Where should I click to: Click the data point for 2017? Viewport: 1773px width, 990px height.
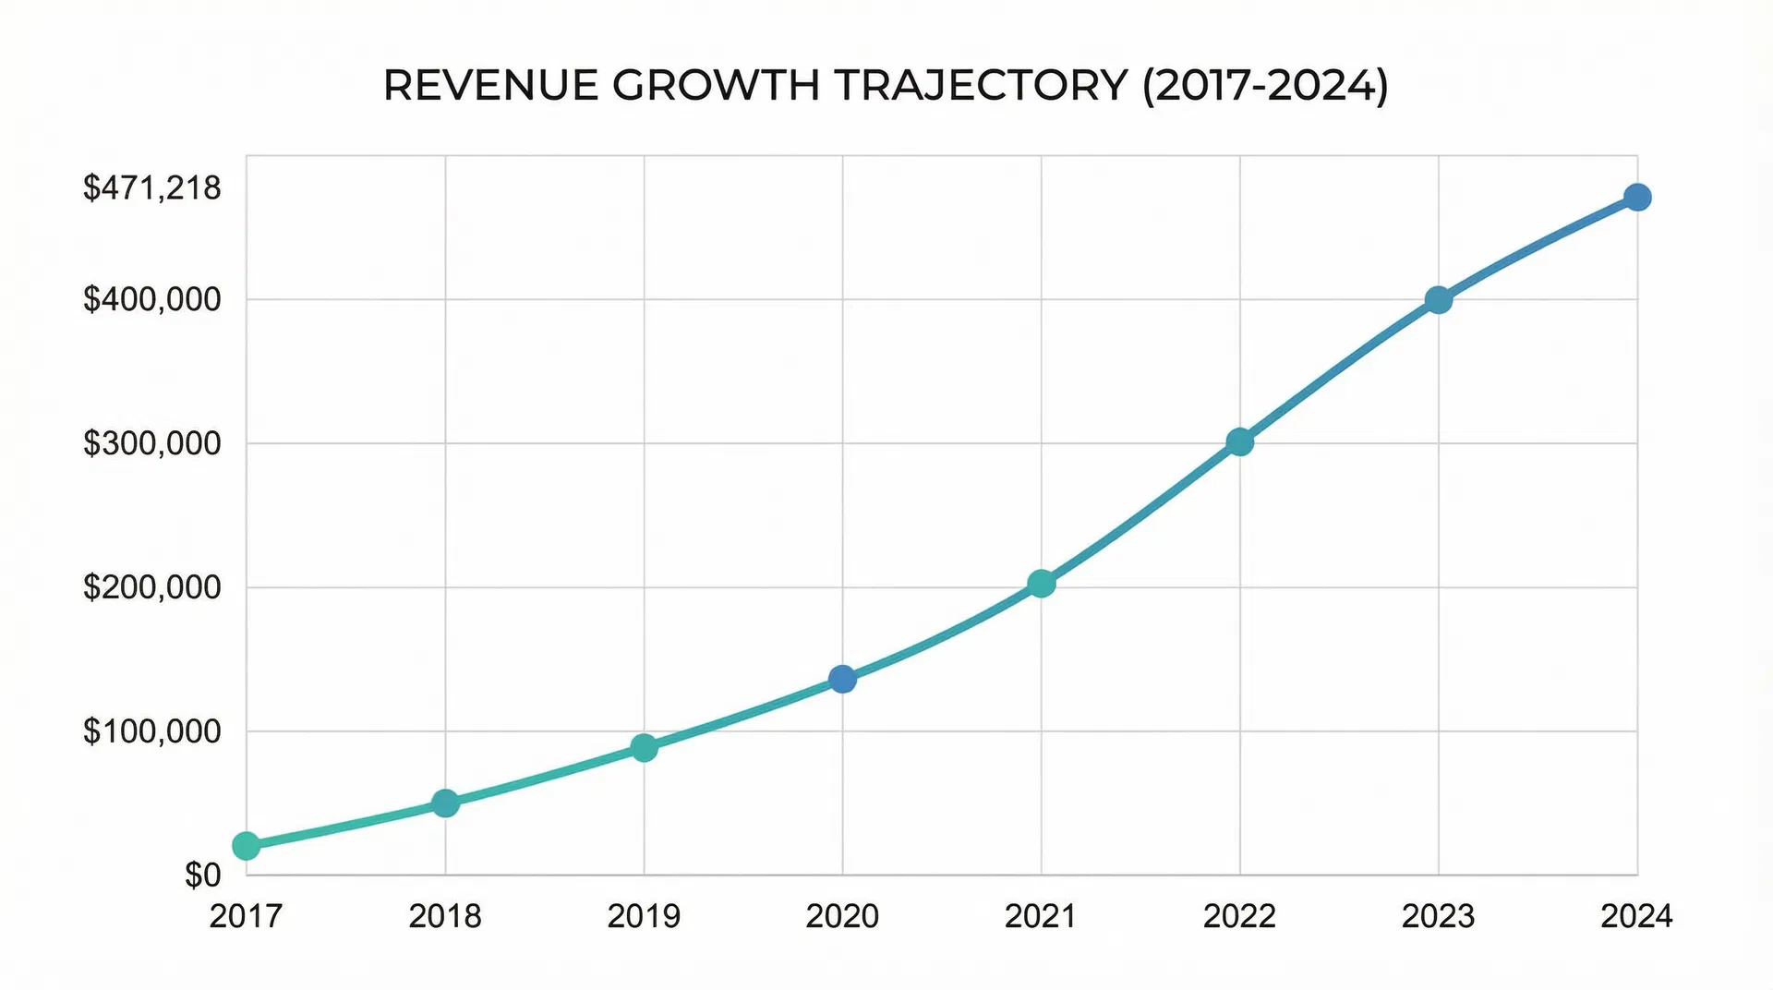(x=246, y=845)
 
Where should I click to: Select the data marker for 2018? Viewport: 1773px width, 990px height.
(x=445, y=803)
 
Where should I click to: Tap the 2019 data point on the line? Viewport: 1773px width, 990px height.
(x=644, y=747)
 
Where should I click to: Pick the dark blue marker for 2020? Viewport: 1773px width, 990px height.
(x=842, y=680)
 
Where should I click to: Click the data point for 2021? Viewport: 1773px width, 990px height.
(x=1041, y=584)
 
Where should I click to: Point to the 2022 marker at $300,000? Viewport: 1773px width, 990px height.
(x=1240, y=442)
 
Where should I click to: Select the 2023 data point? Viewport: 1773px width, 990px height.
(x=1438, y=300)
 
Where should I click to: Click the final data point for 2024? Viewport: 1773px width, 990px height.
(x=1637, y=198)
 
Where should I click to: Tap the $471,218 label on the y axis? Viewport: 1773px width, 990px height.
(x=152, y=188)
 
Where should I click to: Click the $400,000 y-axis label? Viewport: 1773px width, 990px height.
(x=152, y=299)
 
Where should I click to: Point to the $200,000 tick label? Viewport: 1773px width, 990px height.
(x=152, y=587)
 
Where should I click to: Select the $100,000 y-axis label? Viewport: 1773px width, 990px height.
(x=152, y=731)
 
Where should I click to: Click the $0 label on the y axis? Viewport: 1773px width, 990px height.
(x=203, y=875)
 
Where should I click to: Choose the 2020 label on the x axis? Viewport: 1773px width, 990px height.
(x=842, y=916)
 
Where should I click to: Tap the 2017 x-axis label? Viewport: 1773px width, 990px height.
(x=246, y=916)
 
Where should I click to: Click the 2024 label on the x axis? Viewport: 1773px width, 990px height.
(x=1636, y=916)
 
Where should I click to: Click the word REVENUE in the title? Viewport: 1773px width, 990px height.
(x=491, y=86)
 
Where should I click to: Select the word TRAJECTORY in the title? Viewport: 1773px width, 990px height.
(x=981, y=86)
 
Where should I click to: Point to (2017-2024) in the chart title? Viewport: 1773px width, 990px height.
(x=1265, y=86)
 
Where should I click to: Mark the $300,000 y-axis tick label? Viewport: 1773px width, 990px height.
(x=152, y=443)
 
